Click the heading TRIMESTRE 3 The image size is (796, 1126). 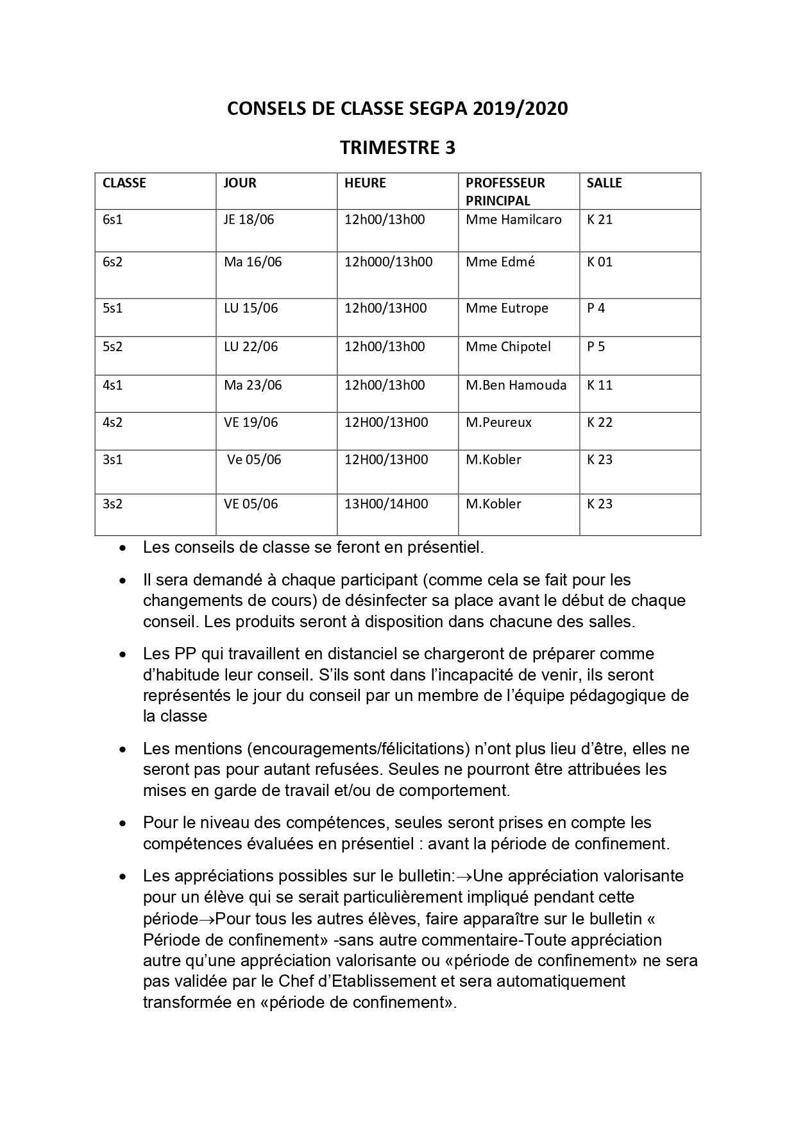pyautogui.click(x=397, y=148)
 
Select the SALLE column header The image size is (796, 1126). pyautogui.click(x=604, y=183)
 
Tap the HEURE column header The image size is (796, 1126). pyautogui.click(x=365, y=183)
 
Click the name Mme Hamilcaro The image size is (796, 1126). pyautogui.click(x=513, y=220)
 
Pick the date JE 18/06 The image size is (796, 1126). pyautogui.click(x=248, y=220)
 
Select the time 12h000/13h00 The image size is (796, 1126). pyautogui.click(x=388, y=262)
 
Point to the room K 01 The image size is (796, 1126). pyautogui.click(x=600, y=262)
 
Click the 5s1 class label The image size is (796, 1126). pyautogui.click(x=112, y=308)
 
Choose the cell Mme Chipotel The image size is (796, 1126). pyautogui.click(x=508, y=347)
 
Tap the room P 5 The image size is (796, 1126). pyautogui.click(x=596, y=347)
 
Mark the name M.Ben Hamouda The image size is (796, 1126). pyautogui.click(x=516, y=385)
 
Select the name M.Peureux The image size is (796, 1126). pyautogui.click(x=498, y=422)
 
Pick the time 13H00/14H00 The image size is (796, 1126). pyautogui.click(x=386, y=504)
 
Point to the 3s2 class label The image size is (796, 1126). pyautogui.click(x=112, y=504)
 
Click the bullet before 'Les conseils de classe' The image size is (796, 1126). pyautogui.click(x=123, y=549)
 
